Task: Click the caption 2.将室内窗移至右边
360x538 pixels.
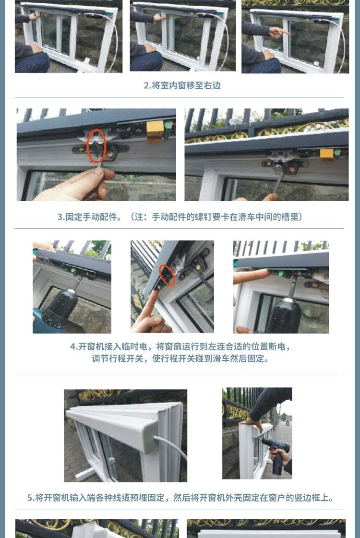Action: pos(182,85)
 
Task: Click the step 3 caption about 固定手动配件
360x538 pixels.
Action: pos(180,217)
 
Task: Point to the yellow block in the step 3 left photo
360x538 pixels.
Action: pos(155,131)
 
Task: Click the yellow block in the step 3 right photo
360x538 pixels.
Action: pos(327,154)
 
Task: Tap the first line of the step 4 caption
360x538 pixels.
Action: pos(180,347)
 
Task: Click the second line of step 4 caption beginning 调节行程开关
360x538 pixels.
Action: pos(180,359)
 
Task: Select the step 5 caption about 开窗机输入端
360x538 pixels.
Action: pos(180,498)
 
